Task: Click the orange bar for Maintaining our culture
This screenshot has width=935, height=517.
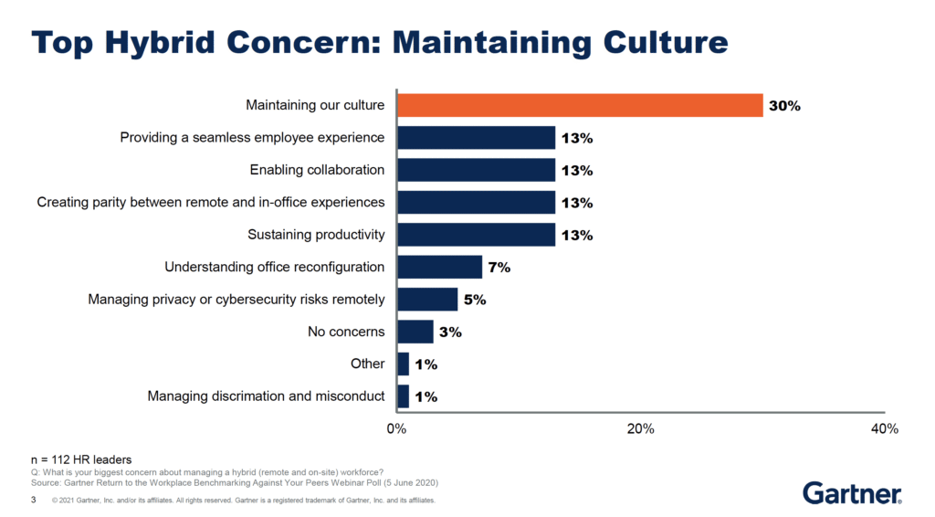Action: [580, 105]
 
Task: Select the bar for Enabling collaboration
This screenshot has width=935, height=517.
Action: [476, 170]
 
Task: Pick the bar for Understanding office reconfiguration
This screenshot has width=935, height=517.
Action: [439, 267]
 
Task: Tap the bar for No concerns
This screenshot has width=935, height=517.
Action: [415, 332]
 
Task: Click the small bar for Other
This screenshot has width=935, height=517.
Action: [403, 364]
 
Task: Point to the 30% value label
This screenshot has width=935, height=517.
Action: [784, 106]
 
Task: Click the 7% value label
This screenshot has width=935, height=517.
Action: [499, 268]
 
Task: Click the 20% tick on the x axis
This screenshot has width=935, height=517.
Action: [640, 428]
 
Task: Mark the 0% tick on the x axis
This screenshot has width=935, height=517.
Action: [396, 428]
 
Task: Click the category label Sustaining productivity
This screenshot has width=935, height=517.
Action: [316, 235]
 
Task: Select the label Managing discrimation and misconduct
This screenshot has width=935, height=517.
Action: [266, 396]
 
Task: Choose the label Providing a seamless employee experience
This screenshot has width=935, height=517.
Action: [252, 138]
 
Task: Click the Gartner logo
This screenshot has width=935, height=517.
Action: [852, 492]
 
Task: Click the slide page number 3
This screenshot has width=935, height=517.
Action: [34, 501]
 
